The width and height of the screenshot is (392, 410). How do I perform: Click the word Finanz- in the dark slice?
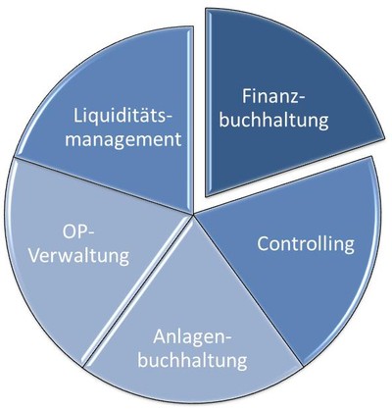[x=273, y=96]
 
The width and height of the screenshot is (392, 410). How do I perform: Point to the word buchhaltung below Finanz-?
[x=273, y=121]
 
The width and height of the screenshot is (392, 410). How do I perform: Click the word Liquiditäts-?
[x=122, y=116]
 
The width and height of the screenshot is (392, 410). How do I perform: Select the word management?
[x=123, y=140]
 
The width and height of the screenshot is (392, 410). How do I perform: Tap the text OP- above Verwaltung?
[x=78, y=232]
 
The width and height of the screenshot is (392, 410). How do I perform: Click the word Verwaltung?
[x=79, y=256]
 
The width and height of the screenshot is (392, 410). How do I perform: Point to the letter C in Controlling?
[x=264, y=243]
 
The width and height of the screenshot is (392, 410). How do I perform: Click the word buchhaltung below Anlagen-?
[x=192, y=360]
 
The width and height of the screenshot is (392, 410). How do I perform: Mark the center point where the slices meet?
[x=193, y=215]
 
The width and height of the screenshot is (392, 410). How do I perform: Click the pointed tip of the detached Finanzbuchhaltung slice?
[x=207, y=195]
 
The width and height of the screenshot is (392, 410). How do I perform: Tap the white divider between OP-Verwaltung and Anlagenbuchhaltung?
[x=137, y=291]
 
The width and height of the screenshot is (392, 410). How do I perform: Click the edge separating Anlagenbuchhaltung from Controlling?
[x=248, y=290]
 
